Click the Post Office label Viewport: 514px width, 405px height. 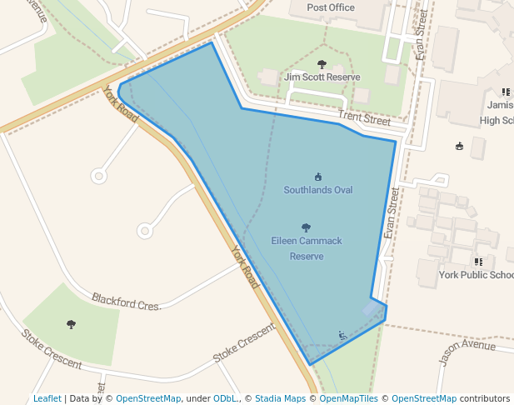331,7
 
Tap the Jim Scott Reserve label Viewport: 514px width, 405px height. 322,77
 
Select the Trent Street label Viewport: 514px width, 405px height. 364,120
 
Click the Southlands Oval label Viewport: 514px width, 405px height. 317,190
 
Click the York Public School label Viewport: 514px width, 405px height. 477,275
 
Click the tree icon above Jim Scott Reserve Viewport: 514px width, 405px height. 322,63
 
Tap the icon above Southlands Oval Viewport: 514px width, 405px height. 317,177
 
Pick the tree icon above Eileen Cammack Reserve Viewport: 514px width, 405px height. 306,227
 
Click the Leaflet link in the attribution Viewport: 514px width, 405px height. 47,398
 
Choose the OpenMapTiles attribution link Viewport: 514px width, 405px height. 349,398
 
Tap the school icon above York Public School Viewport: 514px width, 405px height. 478,262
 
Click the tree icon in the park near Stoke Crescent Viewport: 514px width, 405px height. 70,324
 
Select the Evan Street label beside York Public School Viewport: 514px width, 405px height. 392,213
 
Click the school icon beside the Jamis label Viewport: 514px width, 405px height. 506,92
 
